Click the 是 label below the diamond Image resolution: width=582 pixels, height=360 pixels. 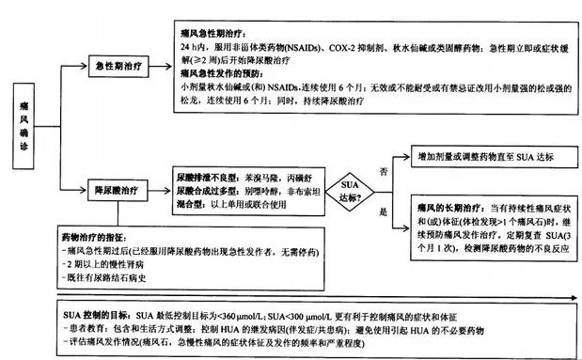tap(383, 213)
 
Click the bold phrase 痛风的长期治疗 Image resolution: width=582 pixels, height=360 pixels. tap(447, 206)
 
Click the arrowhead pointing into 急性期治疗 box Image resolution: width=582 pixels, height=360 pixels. tap(81, 67)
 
